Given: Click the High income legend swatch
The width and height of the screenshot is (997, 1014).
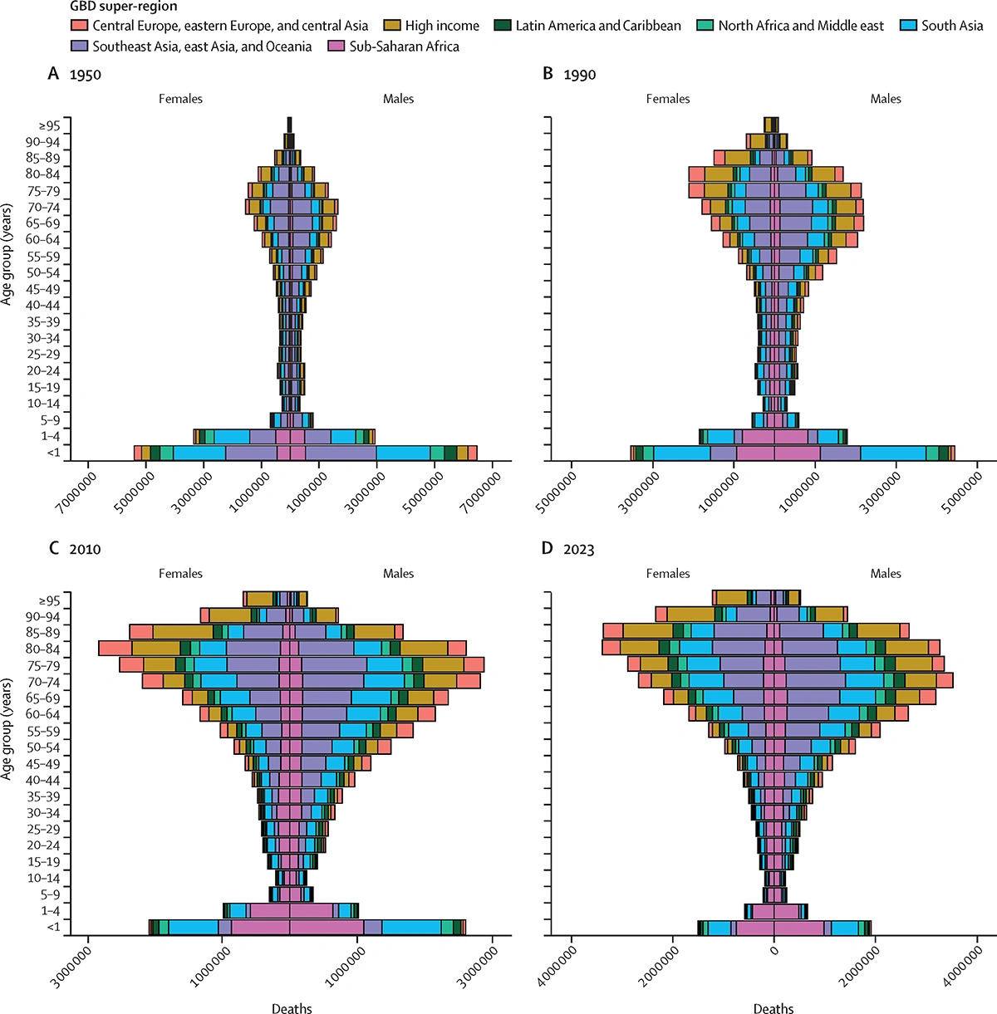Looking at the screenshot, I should (391, 26).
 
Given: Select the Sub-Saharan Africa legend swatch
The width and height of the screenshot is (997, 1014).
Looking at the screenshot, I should (337, 47).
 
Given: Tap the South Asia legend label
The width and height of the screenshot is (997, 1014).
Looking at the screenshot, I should (952, 26).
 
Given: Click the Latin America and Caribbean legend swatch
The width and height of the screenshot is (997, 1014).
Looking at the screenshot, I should (502, 26).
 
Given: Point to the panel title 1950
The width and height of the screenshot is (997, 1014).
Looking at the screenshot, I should (85, 75).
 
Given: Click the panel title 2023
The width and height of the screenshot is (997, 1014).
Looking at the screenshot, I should (578, 550).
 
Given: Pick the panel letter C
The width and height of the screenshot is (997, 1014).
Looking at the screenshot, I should (54, 549).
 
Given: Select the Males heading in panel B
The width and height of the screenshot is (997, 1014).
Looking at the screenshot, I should (886, 99).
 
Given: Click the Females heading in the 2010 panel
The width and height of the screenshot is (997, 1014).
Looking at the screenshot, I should (180, 574).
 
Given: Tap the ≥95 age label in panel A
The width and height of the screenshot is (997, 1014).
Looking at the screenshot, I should (49, 126).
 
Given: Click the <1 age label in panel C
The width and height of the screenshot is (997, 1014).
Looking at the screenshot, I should (53, 928).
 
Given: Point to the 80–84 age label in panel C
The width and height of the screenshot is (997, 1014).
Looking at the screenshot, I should (42, 649).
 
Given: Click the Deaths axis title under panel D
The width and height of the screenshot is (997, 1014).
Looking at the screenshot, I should (774, 1009).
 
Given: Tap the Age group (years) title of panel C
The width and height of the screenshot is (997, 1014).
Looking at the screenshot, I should (7, 728).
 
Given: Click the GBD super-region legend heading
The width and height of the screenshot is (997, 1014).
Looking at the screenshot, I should (123, 7).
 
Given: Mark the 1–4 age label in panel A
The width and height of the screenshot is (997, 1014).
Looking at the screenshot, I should (49, 437).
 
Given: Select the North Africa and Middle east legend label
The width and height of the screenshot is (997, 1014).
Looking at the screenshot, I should (801, 26).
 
